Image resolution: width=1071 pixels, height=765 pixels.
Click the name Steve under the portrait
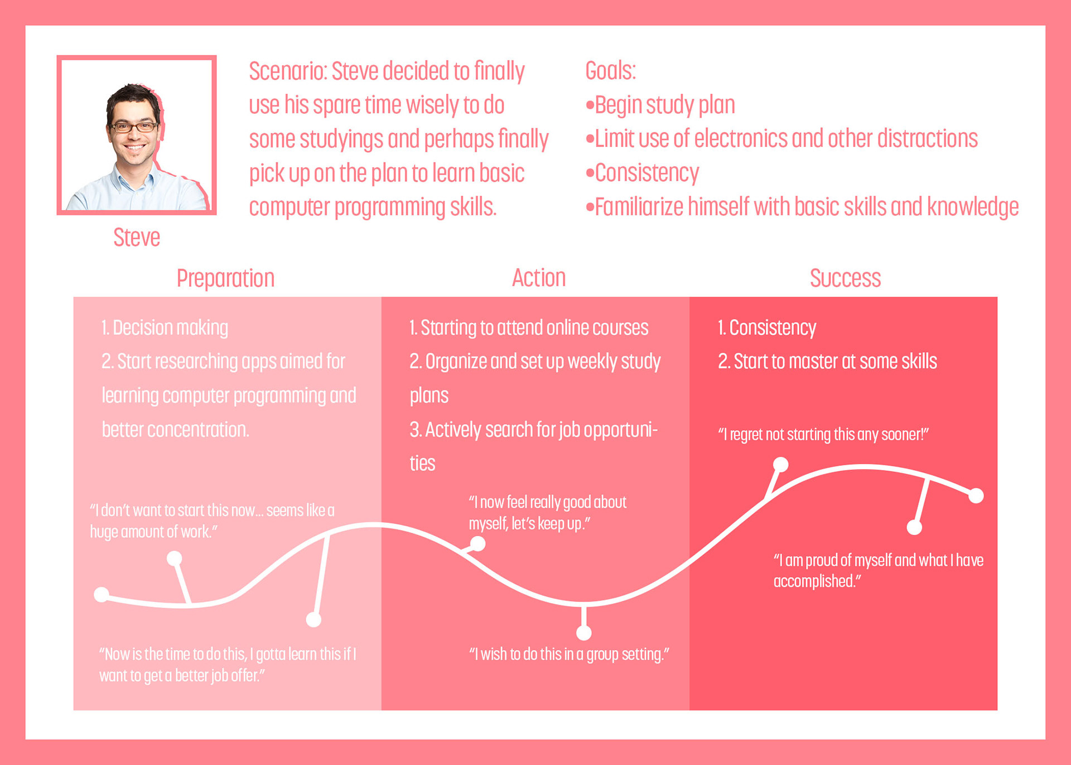(137, 238)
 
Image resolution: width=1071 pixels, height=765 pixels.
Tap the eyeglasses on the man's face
(133, 127)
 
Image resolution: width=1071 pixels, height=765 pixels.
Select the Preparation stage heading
(225, 278)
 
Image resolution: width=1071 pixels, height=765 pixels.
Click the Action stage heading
(539, 278)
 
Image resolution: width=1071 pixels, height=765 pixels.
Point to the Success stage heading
(845, 278)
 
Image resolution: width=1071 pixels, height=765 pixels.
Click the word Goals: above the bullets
(610, 71)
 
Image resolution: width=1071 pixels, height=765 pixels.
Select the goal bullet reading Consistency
(642, 173)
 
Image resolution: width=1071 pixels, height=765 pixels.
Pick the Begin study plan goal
(660, 105)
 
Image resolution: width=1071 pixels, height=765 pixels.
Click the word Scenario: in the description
(288, 71)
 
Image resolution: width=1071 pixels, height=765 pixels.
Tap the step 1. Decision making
(165, 328)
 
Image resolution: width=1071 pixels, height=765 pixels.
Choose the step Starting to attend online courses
(529, 328)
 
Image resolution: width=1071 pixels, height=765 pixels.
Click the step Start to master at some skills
(827, 362)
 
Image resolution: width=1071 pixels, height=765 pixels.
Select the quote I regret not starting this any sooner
(823, 435)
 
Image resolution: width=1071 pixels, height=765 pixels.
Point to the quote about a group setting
(569, 655)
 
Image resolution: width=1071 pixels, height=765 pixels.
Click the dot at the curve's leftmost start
(102, 595)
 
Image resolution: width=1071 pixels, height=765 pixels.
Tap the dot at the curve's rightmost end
(976, 495)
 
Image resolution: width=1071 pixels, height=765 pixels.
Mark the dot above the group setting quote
(584, 633)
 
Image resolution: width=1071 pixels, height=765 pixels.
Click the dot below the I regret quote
(781, 464)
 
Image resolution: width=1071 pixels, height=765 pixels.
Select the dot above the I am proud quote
(914, 527)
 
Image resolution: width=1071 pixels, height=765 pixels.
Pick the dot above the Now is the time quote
(313, 619)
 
